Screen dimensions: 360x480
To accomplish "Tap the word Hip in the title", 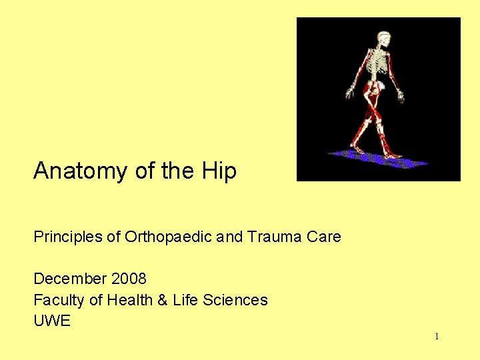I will coord(219,172).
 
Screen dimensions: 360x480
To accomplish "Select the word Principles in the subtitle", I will coord(67,237).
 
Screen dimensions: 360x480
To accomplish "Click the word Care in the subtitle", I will coord(325,237).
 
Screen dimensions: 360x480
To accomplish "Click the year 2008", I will coord(129,279).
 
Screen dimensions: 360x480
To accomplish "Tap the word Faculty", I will coord(59,300).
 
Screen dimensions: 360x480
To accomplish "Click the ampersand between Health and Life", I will coord(162,300).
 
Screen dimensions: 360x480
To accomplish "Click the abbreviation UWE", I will coord(51,321).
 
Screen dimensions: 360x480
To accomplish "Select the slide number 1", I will coord(437,337).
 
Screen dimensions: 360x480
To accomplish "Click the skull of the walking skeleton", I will coord(383,38).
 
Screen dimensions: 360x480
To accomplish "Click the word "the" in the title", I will coord(177,172).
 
